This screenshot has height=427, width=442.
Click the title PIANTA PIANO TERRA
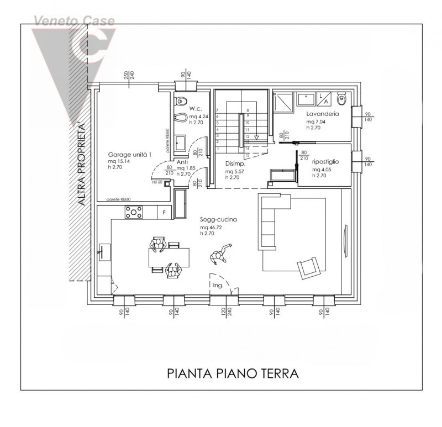tap(233, 373)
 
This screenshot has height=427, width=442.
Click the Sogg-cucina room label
tap(218, 219)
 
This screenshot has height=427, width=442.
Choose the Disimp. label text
tap(235, 164)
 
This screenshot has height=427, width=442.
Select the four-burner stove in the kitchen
tap(134, 212)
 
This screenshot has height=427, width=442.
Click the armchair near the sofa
tap(308, 267)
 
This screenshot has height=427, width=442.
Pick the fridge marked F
tap(164, 212)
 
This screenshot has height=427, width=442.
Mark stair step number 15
tap(248, 156)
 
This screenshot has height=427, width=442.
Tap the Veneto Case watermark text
tap(75, 22)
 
